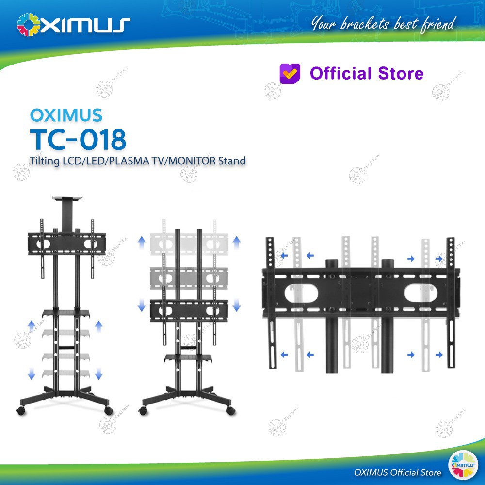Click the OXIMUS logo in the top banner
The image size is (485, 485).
(x=73, y=24)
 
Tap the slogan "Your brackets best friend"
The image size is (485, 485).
(x=384, y=23)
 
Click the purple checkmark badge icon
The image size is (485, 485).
(x=290, y=73)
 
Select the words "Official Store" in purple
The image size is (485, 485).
(x=367, y=74)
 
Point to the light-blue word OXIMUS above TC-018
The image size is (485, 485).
(x=66, y=115)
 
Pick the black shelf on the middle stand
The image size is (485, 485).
(x=188, y=357)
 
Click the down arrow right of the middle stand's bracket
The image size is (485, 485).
(x=237, y=305)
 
